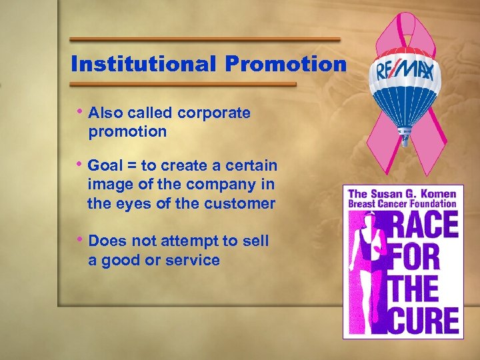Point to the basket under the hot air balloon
tap(405, 139)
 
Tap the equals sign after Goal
tap(132, 165)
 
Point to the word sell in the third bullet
tap(256, 241)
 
